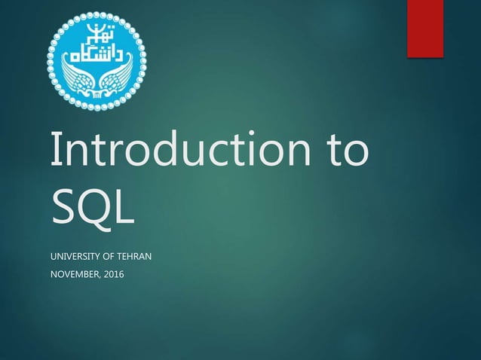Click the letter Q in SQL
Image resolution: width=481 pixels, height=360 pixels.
click(93, 205)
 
